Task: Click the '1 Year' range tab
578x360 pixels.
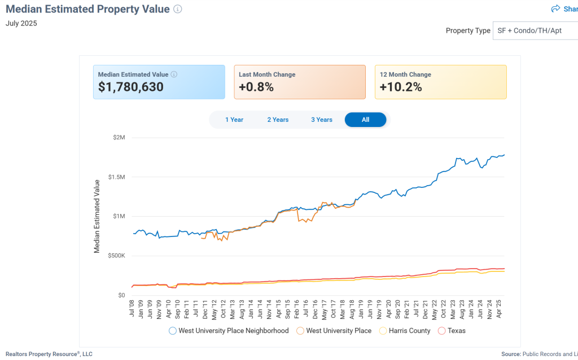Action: point(234,120)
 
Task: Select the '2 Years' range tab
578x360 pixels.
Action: point(278,120)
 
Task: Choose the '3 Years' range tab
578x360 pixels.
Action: point(322,120)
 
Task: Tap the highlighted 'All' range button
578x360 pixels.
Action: point(365,120)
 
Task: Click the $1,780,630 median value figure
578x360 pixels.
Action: point(131,87)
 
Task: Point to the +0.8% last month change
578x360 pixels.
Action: point(256,87)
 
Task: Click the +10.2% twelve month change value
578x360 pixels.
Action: point(401,87)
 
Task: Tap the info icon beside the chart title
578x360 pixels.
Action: point(178,9)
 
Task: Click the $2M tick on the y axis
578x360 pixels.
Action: point(118,138)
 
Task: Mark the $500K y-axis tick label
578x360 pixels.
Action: point(116,256)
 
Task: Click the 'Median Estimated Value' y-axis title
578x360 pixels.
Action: point(97,216)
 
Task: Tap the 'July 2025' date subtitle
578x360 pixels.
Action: point(21,24)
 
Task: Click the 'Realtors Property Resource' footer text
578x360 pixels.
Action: point(49,354)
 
